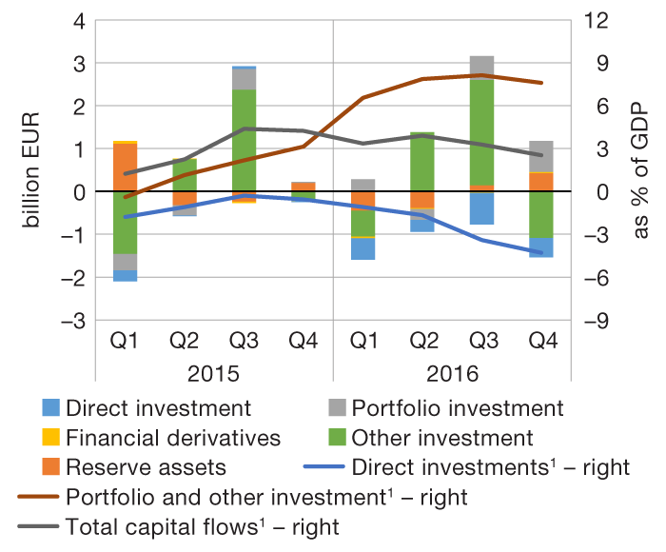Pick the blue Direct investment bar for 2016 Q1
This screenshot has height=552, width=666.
coord(362,248)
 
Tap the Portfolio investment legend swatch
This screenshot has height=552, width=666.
coord(336,409)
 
